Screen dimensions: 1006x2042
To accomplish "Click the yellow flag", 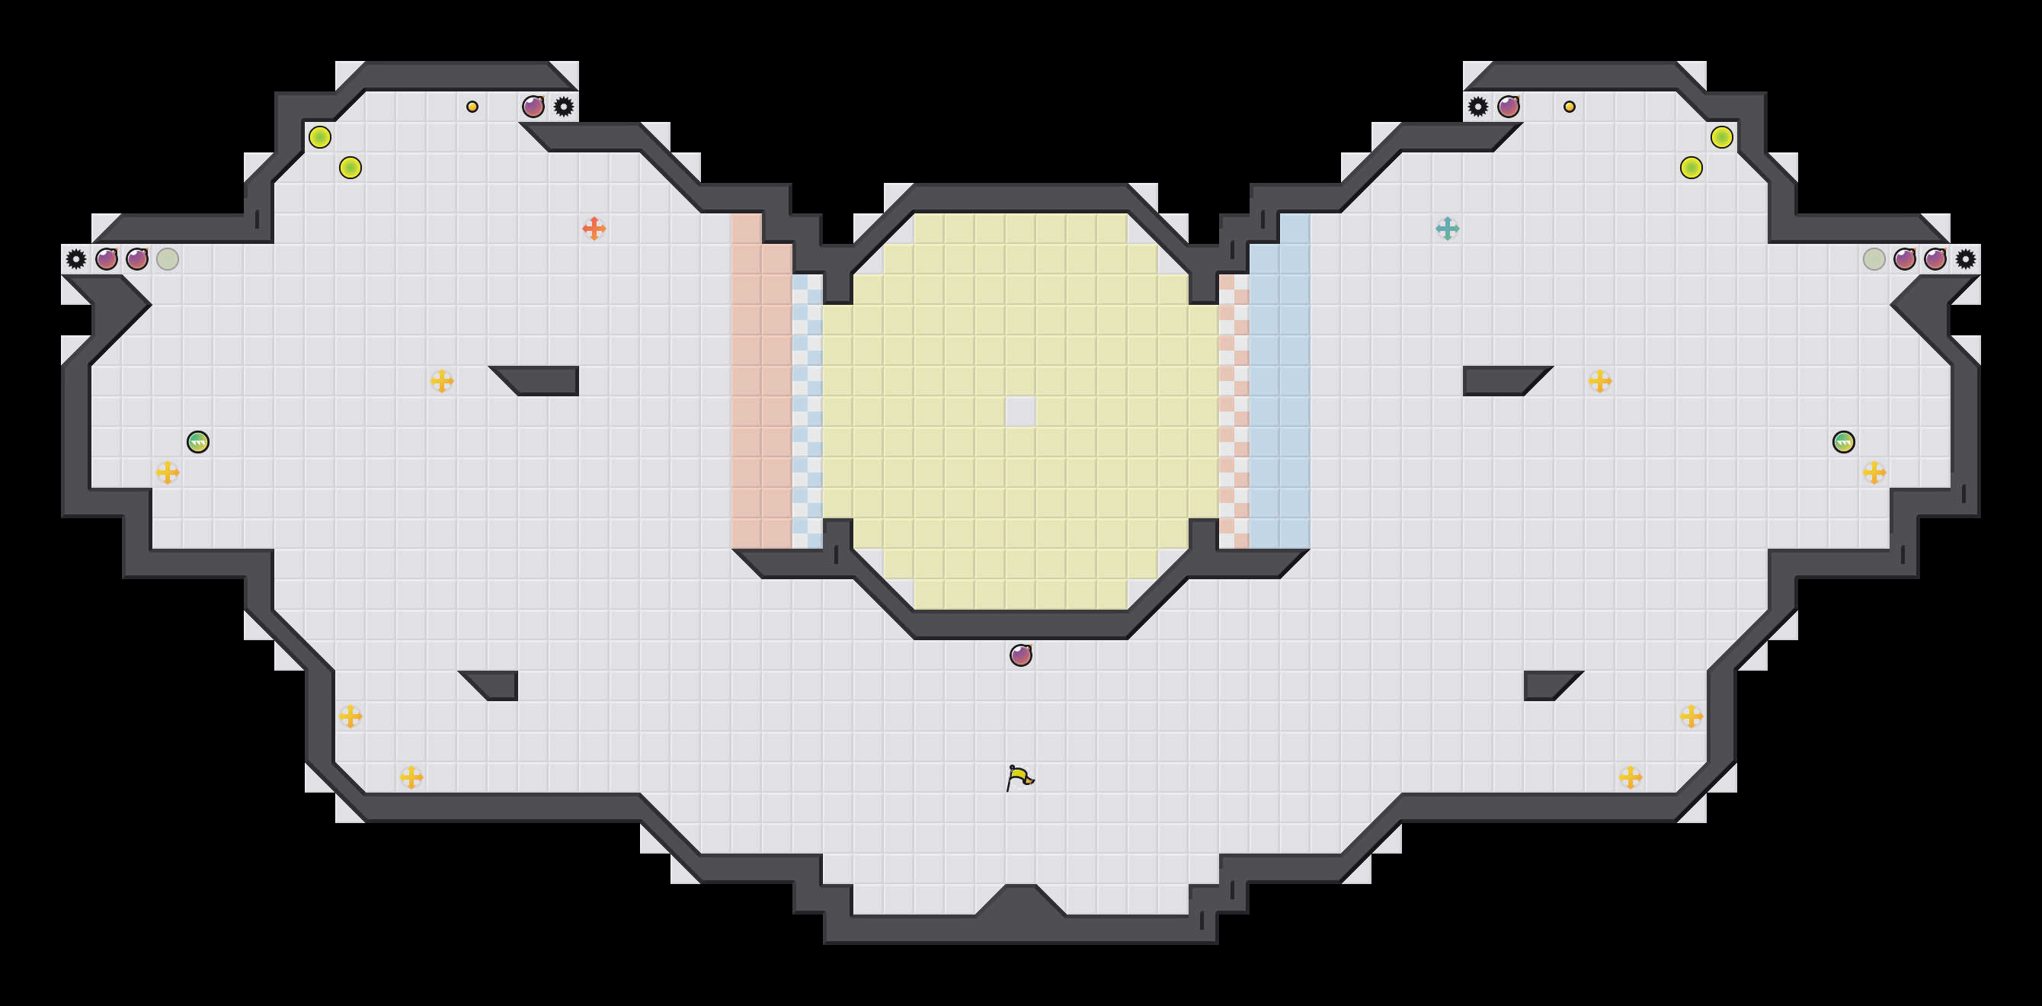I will click(1020, 777).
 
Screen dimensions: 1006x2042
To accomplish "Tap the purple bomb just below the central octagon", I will click(1020, 655).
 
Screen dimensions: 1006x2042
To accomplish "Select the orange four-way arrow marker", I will click(594, 229).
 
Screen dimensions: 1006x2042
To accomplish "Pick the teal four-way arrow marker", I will click(1447, 229).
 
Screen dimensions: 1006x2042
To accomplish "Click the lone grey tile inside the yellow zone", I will click(1020, 412).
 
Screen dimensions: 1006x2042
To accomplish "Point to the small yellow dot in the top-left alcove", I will click(472, 106).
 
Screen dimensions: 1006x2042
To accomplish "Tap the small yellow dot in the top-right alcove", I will click(1569, 106).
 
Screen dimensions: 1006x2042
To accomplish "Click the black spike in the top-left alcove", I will click(564, 106).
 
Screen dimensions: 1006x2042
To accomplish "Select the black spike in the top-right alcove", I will click(1477, 106).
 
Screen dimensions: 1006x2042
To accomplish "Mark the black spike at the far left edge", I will click(76, 258).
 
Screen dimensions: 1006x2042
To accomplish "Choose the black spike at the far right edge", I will click(1965, 258).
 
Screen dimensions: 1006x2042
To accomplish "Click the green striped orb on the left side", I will click(198, 441).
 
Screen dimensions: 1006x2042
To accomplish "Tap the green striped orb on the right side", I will click(1844, 441).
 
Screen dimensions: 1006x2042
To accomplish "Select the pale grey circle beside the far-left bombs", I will click(168, 258).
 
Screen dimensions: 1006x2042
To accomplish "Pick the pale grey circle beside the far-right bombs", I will click(1874, 258).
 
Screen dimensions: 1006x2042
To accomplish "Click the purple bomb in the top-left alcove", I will click(533, 106).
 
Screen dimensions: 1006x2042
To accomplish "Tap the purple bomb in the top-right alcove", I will click(1508, 106).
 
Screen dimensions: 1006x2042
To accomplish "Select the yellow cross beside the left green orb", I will click(168, 473).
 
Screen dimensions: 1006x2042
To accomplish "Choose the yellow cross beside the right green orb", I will click(1874, 473).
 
